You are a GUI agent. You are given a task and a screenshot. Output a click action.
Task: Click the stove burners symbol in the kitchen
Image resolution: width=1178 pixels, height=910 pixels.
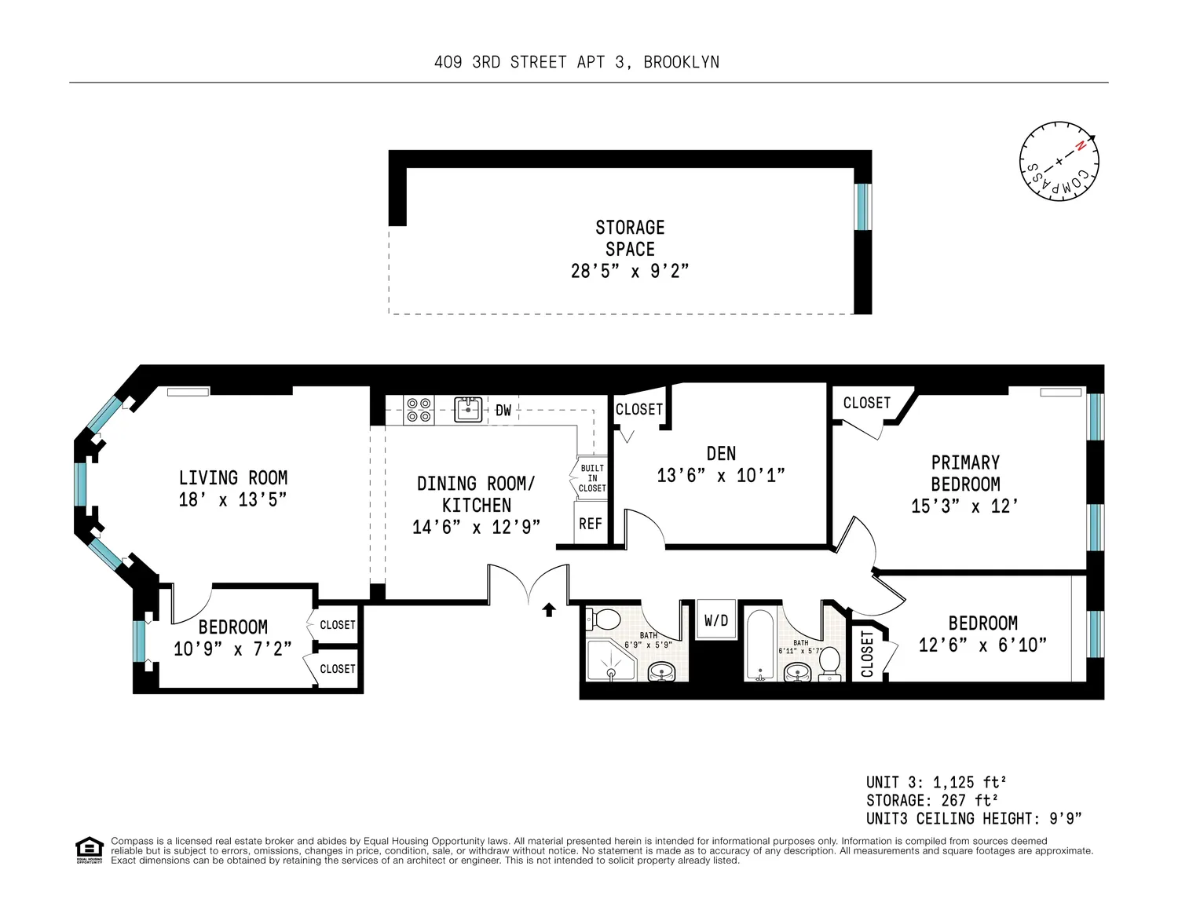pos(419,411)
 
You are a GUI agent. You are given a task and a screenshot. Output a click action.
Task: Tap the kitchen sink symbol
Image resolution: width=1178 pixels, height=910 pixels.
pos(468,410)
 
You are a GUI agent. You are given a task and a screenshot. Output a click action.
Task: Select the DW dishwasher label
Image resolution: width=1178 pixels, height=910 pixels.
pos(503,411)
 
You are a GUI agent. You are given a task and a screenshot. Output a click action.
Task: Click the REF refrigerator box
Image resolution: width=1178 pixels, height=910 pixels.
pos(591,523)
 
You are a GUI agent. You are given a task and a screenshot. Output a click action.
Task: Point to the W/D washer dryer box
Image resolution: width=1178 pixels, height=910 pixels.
pos(716,620)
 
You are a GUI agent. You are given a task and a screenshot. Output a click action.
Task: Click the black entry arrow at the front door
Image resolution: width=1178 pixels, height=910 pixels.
pos(549,610)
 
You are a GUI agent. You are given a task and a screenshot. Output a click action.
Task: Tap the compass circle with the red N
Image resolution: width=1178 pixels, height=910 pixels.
pos(1059,162)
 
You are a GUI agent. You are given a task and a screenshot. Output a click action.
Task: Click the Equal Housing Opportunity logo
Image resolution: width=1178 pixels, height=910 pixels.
pos(90,850)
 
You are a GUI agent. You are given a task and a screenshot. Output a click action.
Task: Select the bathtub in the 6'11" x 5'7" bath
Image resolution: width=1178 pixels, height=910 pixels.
pos(760,643)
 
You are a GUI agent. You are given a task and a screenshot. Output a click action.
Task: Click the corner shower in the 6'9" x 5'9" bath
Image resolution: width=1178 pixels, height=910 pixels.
pos(611,659)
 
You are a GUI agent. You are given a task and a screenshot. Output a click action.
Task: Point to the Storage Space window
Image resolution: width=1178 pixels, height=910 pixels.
pos(863,206)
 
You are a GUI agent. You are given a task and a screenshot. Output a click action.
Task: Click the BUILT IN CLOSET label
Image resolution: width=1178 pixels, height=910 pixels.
pos(592,478)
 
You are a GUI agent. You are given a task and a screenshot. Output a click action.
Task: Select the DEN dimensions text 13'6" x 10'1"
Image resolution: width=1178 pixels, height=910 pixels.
pos(720,476)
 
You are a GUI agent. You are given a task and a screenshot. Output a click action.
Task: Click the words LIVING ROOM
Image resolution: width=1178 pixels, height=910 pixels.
pos(233,478)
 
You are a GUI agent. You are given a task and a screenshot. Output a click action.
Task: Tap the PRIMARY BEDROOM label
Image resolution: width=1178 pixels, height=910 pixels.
pos(965,473)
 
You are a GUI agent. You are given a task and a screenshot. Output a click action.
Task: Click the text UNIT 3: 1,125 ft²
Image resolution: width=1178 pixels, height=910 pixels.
pos(936,782)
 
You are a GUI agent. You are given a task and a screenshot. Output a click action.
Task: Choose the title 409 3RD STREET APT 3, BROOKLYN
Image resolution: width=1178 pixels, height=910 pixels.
pos(576,62)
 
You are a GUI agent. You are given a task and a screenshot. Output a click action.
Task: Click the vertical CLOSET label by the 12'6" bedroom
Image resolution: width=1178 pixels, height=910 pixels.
pos(867,653)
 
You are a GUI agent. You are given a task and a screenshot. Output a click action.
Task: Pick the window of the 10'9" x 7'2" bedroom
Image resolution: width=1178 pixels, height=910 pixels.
pos(139,641)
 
